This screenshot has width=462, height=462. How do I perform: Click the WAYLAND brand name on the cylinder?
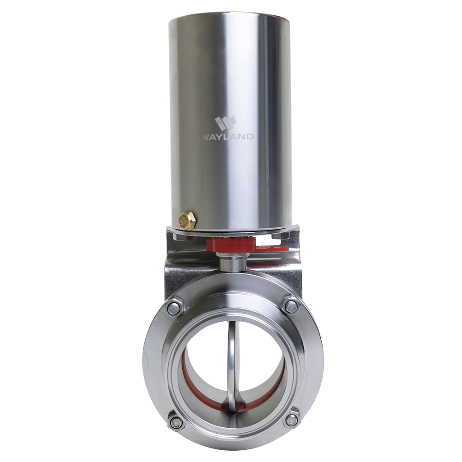click(x=227, y=136)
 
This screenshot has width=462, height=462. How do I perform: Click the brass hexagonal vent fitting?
click(x=187, y=221)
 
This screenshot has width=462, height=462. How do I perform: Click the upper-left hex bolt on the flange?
click(x=174, y=308)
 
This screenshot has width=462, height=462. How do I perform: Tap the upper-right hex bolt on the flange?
click(x=291, y=306)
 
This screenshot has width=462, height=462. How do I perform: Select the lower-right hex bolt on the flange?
click(x=292, y=420)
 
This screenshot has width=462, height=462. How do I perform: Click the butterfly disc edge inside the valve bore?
click(x=231, y=361)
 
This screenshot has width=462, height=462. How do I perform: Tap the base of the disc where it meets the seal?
click(x=233, y=407)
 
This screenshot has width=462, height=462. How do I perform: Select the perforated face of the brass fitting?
click(x=185, y=222)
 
